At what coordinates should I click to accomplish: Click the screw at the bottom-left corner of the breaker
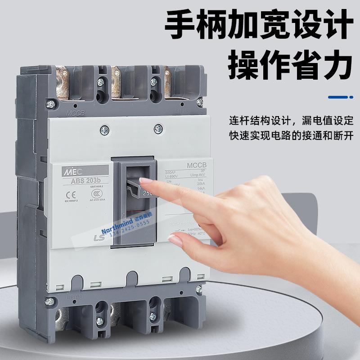tap(50, 300)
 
